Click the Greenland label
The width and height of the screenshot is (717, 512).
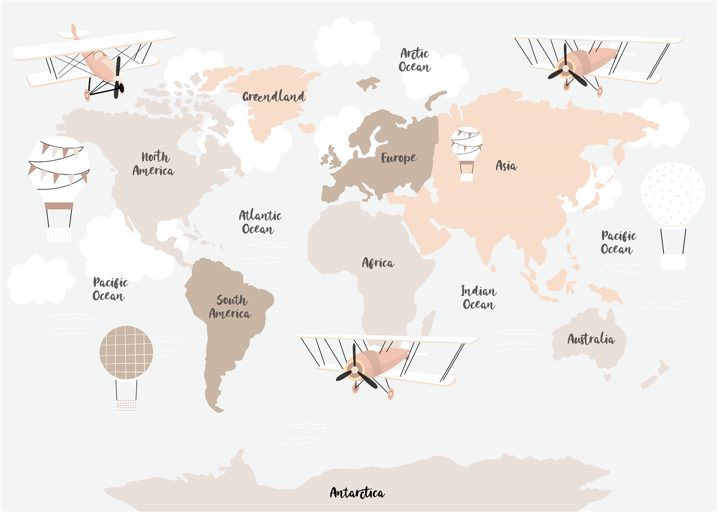(274, 96)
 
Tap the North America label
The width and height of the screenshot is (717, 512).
(154, 164)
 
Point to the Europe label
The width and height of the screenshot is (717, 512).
(399, 158)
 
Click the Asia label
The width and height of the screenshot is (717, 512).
(506, 166)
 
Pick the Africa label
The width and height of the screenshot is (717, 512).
(378, 263)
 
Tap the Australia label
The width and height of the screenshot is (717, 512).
(590, 339)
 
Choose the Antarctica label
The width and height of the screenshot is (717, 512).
(357, 493)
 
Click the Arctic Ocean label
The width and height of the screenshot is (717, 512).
(414, 60)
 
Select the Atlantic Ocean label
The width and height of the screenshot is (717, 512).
(260, 222)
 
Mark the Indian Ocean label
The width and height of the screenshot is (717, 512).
(479, 298)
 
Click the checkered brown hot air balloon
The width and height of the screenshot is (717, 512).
(126, 353)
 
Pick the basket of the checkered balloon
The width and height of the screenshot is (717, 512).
(126, 406)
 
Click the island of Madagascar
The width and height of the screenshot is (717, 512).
(428, 323)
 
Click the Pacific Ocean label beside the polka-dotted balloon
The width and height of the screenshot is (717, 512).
(618, 243)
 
